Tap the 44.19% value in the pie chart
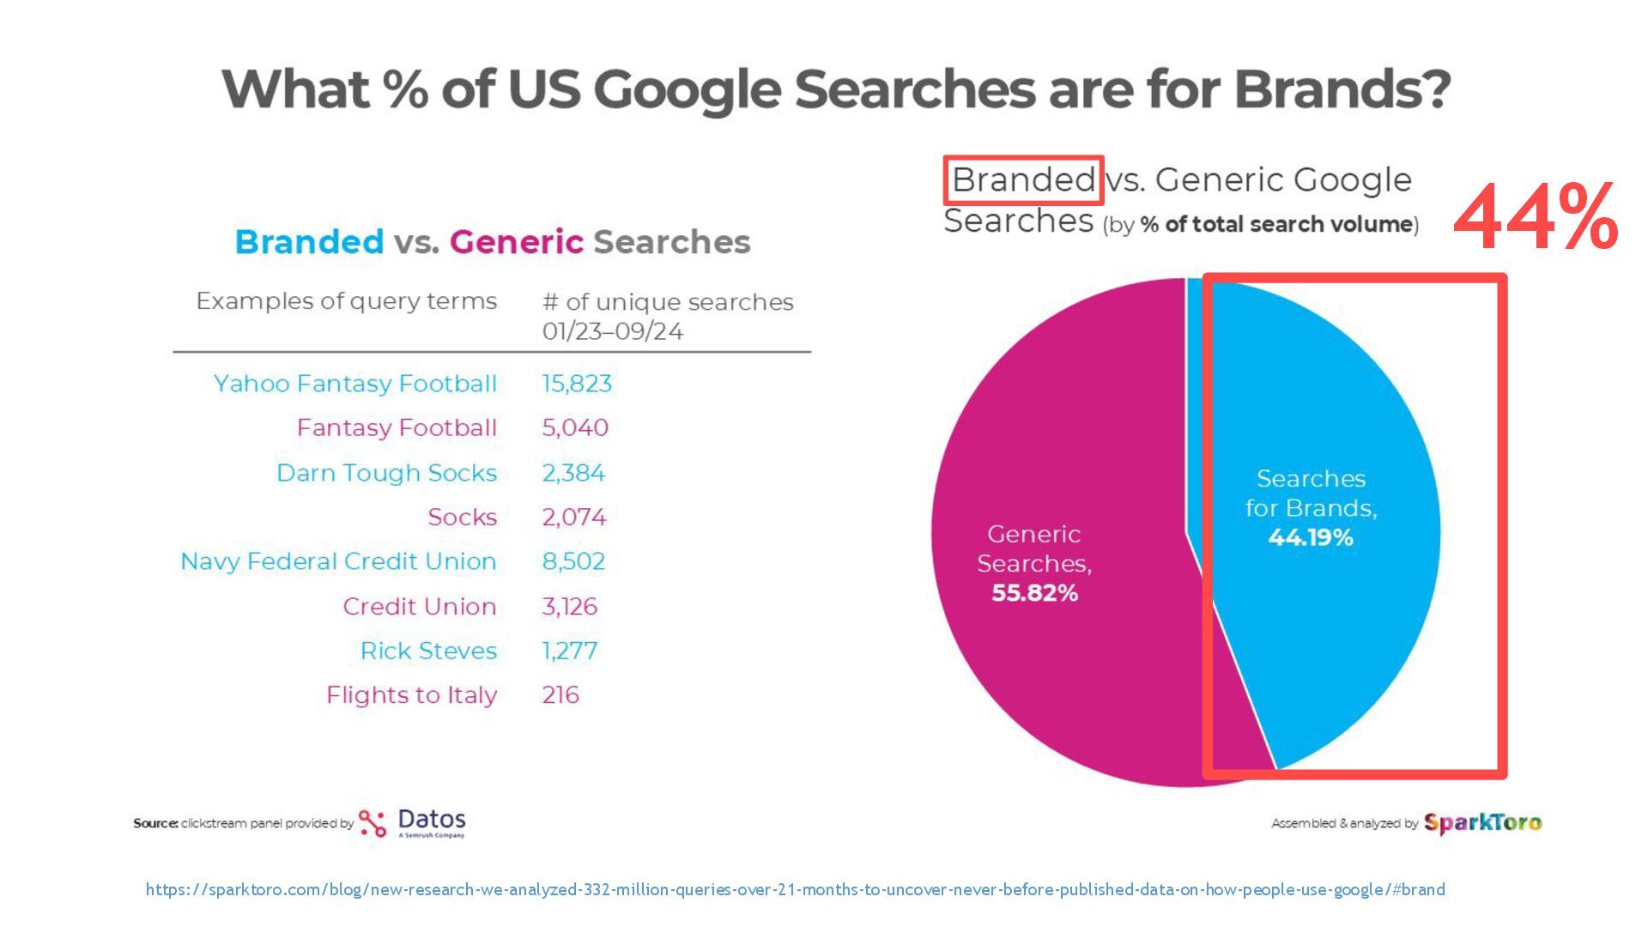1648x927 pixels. pyautogui.click(x=1311, y=538)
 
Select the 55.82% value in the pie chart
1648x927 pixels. pyautogui.click(x=1034, y=593)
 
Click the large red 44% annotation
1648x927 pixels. pyautogui.click(x=1536, y=217)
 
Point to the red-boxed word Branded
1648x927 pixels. pyautogui.click(x=1023, y=180)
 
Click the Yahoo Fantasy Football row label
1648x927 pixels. pyautogui.click(x=355, y=384)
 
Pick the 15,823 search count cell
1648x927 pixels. pyautogui.click(x=577, y=384)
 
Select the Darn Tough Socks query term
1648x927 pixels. pyautogui.click(x=386, y=473)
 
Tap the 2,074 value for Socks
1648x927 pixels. pyautogui.click(x=573, y=518)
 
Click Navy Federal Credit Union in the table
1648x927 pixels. pyautogui.click(x=338, y=561)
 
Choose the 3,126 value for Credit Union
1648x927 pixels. pyautogui.click(x=569, y=607)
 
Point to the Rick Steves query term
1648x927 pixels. pyautogui.click(x=428, y=651)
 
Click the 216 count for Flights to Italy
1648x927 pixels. pyautogui.click(x=560, y=695)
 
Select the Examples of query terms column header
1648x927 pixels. pyautogui.click(x=346, y=301)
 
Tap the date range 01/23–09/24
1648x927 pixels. pyautogui.click(x=612, y=331)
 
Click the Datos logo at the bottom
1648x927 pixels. pyautogui.click(x=413, y=822)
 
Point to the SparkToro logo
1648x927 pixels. pyautogui.click(x=1482, y=823)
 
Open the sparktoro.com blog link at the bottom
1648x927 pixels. pyautogui.click(x=795, y=890)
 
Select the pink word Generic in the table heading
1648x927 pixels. pyautogui.click(x=516, y=242)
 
